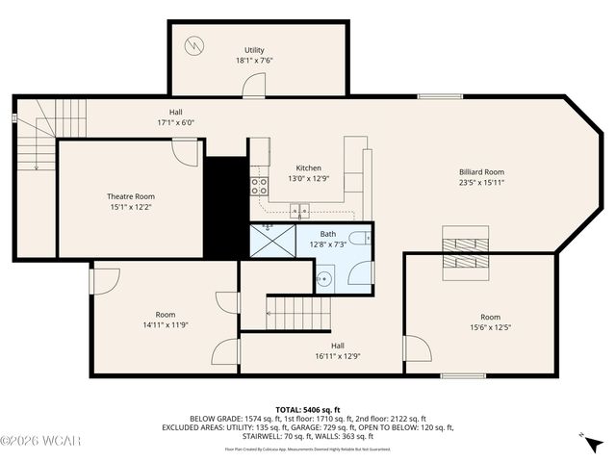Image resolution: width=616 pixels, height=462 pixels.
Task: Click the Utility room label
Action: (x=254, y=49)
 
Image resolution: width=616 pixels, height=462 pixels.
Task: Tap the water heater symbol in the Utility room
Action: (x=196, y=44)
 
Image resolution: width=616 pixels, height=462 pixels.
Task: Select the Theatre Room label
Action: (x=130, y=196)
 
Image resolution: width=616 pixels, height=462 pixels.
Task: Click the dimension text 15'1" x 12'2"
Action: (x=130, y=206)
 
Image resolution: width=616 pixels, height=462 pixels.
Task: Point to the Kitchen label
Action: (x=308, y=167)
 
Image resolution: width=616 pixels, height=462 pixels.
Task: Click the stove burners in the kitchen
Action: (x=258, y=185)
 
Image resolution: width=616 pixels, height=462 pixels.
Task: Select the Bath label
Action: (x=328, y=233)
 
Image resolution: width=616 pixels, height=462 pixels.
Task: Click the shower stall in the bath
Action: (x=272, y=240)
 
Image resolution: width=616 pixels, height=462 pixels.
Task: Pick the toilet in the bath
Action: (x=357, y=240)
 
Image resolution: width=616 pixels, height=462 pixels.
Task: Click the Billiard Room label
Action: (x=481, y=172)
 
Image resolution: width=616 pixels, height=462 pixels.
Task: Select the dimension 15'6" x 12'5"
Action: (x=490, y=327)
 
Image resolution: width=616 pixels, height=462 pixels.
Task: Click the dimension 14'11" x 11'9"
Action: (x=166, y=324)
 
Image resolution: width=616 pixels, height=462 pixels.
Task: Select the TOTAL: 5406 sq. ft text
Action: (x=308, y=409)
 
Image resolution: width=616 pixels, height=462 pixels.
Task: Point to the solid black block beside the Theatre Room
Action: (x=226, y=207)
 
